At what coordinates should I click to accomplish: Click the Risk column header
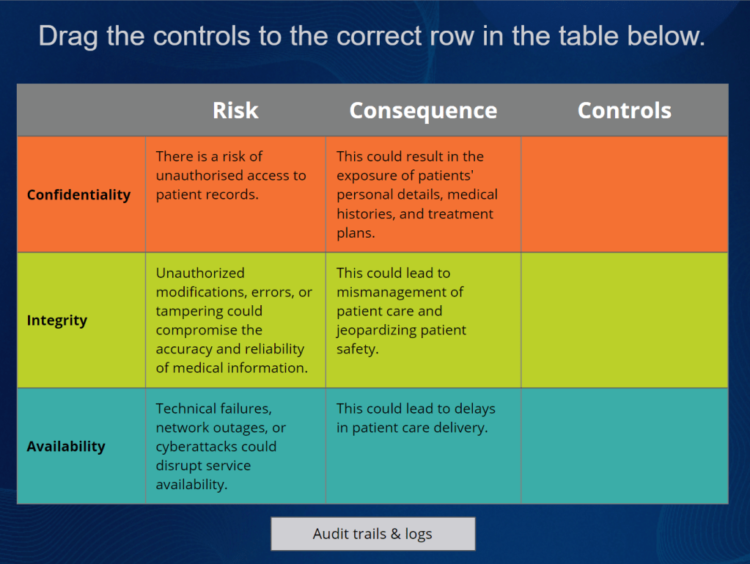(235, 111)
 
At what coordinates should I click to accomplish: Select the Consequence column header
(423, 111)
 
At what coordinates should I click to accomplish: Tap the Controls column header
(624, 111)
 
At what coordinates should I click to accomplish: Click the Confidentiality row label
(79, 194)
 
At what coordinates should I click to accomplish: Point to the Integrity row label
(57, 321)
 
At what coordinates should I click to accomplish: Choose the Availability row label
(66, 447)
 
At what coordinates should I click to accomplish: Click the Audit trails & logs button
(373, 533)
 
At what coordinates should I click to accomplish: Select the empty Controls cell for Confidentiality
(625, 194)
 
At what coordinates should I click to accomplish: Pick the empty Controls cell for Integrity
(625, 320)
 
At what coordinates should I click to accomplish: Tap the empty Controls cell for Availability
(625, 446)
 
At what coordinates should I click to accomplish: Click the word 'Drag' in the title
(68, 37)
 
